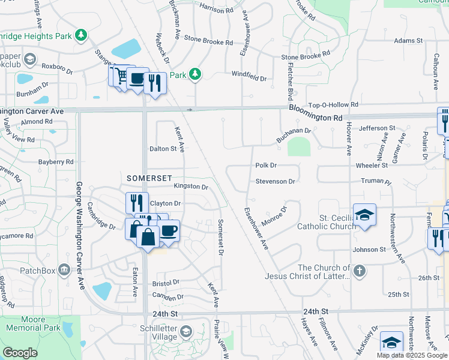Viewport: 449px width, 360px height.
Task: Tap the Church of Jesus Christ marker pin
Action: [360, 271]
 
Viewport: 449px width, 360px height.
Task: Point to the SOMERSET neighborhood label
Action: [149, 178]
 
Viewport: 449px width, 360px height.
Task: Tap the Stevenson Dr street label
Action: [276, 181]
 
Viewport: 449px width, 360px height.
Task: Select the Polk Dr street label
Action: [265, 165]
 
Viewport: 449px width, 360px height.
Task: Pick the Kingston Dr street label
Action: [190, 187]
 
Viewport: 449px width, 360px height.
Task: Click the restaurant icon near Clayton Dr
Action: [137, 203]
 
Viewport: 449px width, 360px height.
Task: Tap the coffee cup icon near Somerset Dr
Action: [169, 231]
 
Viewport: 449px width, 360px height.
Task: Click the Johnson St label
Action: [369, 250]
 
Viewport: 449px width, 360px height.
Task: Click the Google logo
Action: [20, 353]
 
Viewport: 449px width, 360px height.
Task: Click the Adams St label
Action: [408, 41]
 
